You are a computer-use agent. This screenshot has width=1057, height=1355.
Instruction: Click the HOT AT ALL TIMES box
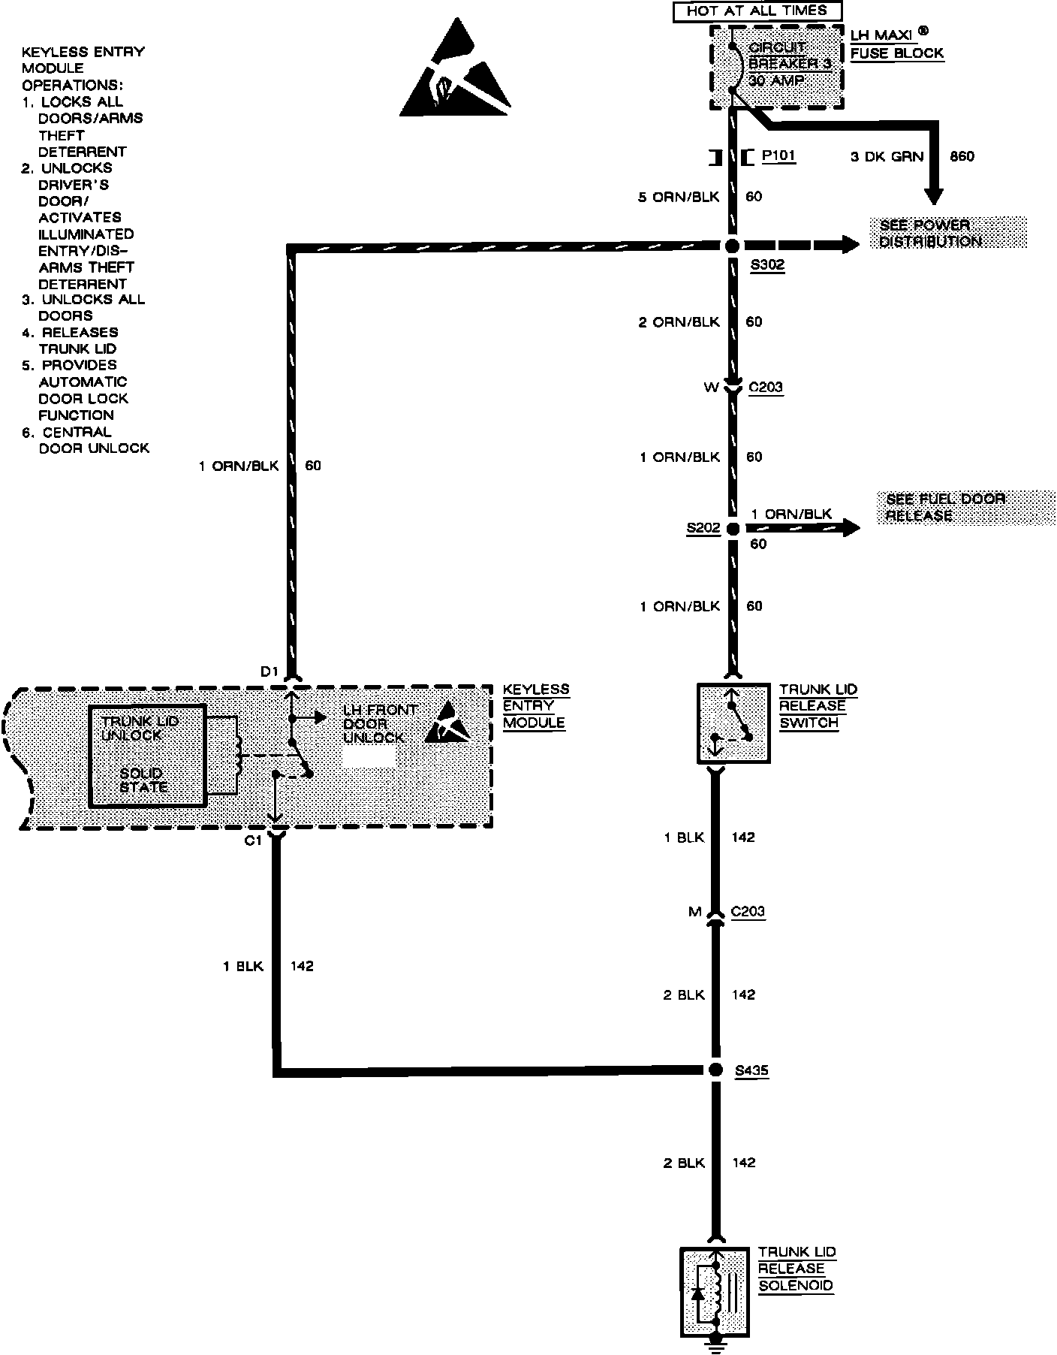[756, 11]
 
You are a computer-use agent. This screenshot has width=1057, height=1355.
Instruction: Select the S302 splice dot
[732, 246]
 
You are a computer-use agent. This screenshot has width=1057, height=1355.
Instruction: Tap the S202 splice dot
[732, 528]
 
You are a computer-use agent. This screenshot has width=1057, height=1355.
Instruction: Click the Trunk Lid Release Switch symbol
[733, 723]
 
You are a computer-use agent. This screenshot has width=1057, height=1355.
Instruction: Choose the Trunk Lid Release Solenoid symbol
[715, 1291]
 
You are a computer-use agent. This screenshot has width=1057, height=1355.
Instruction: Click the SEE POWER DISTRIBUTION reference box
[947, 233]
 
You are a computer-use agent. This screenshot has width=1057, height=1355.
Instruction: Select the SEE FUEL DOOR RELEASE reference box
[965, 507]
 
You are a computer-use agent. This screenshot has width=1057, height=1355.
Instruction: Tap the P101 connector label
[778, 156]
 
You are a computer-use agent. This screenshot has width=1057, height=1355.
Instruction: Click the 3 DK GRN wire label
[887, 156]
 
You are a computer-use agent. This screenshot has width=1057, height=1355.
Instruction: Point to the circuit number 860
[962, 156]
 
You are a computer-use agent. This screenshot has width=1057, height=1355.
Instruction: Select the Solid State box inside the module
[147, 756]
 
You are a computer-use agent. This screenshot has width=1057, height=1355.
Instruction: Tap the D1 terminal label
[270, 671]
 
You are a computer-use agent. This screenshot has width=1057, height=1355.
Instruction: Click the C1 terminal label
[254, 840]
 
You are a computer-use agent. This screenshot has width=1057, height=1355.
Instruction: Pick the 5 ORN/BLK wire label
[679, 197]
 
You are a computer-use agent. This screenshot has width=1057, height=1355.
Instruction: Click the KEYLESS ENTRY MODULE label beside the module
[535, 706]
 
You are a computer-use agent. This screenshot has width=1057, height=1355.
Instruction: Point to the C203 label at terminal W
[766, 388]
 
